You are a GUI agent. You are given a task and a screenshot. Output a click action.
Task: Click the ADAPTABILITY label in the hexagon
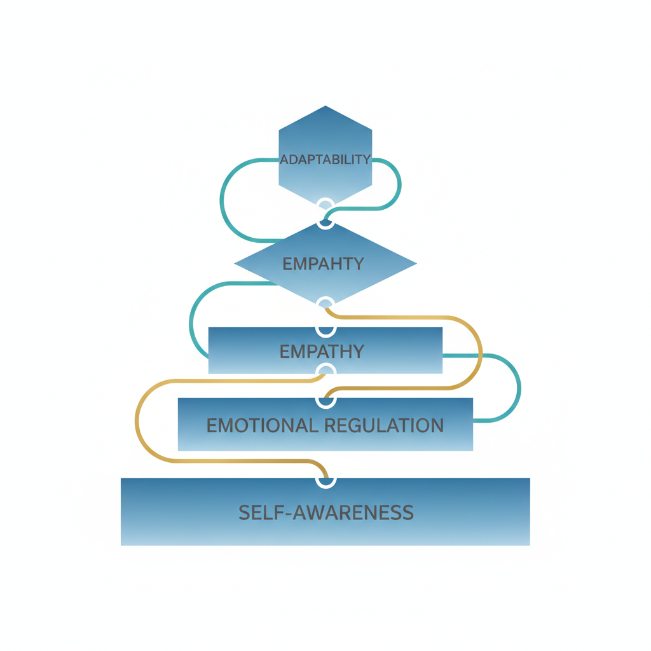pos(325,159)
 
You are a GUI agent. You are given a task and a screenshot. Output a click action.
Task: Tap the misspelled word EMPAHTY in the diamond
pos(323,263)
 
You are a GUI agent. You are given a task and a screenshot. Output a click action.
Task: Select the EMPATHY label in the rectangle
pos(323,351)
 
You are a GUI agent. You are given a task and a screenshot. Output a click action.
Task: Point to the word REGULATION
pos(385,425)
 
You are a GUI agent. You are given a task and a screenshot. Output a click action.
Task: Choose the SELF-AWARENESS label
pos(325,512)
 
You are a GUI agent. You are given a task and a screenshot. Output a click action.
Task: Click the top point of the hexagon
pos(325,106)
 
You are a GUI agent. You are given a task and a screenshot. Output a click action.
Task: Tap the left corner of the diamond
pos(235,263)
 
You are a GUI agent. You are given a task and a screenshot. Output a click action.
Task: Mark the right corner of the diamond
pos(416,263)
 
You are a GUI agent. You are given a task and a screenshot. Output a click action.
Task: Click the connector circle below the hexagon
pos(325,205)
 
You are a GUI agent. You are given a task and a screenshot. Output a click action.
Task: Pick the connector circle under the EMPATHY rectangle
pos(325,371)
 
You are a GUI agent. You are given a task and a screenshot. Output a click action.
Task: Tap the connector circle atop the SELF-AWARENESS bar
pos(325,481)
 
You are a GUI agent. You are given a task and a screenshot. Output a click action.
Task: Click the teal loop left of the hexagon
pos(222,200)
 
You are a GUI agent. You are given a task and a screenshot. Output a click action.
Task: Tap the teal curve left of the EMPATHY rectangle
pos(191,321)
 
